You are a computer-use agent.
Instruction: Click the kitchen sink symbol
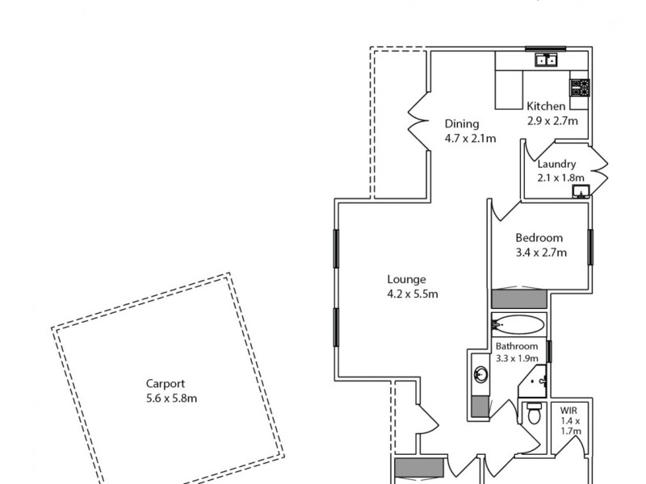(545, 60)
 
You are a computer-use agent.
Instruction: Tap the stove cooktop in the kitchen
(580, 87)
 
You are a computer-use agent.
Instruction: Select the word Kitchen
(546, 106)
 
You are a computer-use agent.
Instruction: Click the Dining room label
(462, 124)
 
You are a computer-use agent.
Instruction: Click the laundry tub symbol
(581, 191)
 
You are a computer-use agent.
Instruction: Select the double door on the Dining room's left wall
(417, 123)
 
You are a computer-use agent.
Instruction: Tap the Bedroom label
(539, 238)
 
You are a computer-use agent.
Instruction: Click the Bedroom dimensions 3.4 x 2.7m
(540, 252)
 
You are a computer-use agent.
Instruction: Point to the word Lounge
(406, 280)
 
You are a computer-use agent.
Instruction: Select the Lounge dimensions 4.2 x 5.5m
(412, 294)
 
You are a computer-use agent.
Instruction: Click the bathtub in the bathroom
(518, 326)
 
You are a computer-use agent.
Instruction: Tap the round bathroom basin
(480, 374)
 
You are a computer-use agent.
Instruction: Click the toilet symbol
(531, 415)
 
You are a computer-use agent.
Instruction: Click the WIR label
(570, 410)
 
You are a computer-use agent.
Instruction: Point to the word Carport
(165, 384)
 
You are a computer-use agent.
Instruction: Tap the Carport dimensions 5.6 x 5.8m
(166, 398)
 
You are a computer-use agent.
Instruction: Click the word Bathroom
(517, 346)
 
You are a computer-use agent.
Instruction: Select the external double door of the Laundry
(598, 168)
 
